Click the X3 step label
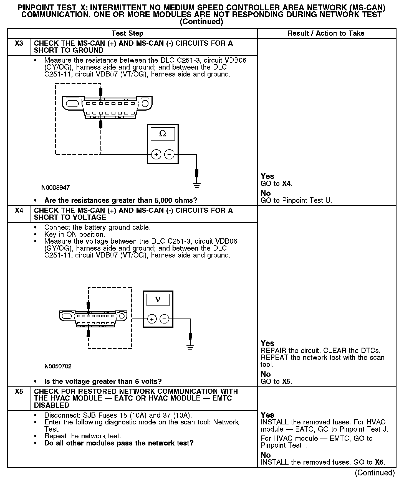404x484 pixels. coord(19,44)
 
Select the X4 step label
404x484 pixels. coord(19,210)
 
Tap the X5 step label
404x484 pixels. coord(19,391)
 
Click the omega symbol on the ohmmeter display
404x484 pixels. coord(163,134)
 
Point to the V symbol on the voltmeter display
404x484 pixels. coord(158,299)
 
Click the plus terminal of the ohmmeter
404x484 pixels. coord(156,154)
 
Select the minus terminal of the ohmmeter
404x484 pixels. coord(170,154)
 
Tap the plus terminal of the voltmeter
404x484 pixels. coord(152,319)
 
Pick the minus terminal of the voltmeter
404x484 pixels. coord(165,319)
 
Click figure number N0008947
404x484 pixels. coord(55,188)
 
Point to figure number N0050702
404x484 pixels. coord(58,366)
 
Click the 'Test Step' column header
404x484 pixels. coord(127,34)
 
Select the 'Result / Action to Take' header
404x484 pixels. coord(326,34)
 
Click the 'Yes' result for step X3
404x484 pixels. coord(267,176)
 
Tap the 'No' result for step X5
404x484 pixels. coord(266,455)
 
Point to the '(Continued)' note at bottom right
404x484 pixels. coord(375,473)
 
